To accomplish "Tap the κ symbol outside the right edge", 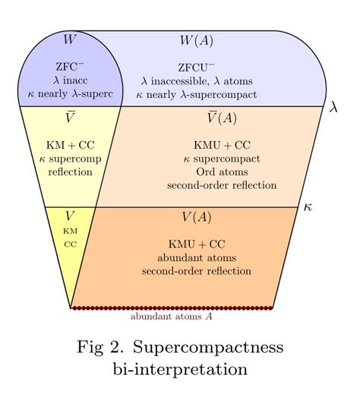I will click(308, 206).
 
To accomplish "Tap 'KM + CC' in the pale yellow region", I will click(70, 144).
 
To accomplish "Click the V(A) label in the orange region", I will click(197, 218).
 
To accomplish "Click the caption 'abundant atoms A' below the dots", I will click(171, 317).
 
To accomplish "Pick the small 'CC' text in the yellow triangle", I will click(70, 244).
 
